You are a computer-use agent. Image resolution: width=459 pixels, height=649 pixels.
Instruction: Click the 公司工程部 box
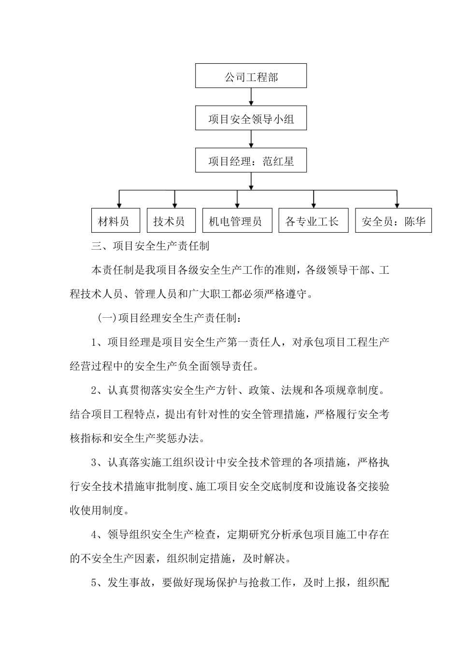click(251, 76)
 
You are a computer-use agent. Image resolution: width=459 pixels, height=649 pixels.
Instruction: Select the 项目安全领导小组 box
click(251, 118)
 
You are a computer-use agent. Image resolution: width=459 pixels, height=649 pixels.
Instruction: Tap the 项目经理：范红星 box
click(251, 160)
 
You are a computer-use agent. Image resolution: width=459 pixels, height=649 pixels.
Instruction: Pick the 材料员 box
click(115, 221)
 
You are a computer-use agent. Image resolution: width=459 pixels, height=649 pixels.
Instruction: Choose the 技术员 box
click(171, 221)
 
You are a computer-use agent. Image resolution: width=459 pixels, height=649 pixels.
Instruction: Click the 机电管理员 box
click(236, 221)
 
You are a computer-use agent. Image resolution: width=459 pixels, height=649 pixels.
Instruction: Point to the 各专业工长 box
click(313, 221)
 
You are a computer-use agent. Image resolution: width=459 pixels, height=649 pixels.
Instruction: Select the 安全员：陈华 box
click(393, 221)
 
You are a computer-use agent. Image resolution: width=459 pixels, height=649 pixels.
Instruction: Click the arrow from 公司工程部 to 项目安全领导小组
click(251, 97)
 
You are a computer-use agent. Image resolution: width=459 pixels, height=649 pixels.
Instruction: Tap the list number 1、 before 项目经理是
click(98, 342)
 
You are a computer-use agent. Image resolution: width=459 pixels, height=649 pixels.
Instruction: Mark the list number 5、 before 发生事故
click(98, 583)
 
